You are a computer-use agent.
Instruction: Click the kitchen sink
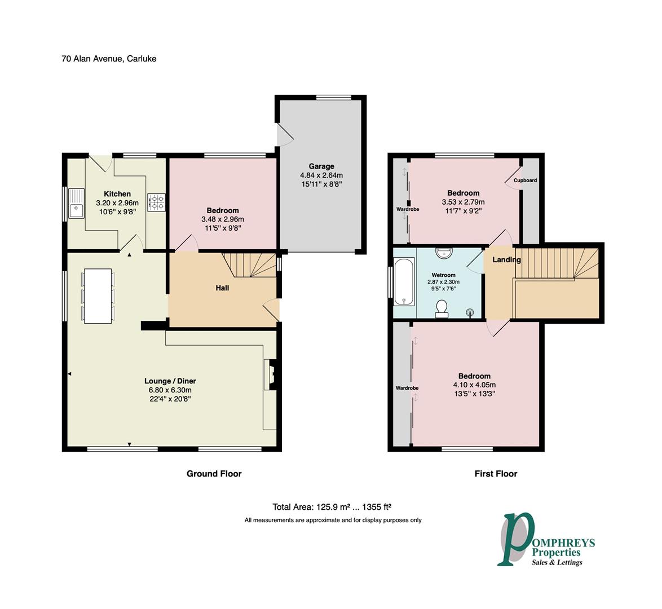point(77,204)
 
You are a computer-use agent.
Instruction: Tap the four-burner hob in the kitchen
point(156,202)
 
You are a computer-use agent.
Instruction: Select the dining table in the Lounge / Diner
point(98,296)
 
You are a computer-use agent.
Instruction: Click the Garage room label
point(321,166)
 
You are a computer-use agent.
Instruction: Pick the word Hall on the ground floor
point(222,288)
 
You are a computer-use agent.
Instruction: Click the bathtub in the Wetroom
point(404,282)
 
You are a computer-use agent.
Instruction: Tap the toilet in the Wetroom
point(442,308)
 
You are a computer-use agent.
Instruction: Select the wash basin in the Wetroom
point(444,253)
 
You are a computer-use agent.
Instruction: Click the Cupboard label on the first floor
point(525,180)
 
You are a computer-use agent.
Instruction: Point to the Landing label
point(506,260)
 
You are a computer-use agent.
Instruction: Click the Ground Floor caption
point(214,474)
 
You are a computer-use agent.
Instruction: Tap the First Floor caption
point(496,474)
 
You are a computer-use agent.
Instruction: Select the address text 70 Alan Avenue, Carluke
point(109,59)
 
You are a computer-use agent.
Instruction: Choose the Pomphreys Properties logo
point(546,540)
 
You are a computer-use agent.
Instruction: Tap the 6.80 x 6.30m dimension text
point(170,390)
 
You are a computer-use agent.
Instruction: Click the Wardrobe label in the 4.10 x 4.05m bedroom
point(407,388)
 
